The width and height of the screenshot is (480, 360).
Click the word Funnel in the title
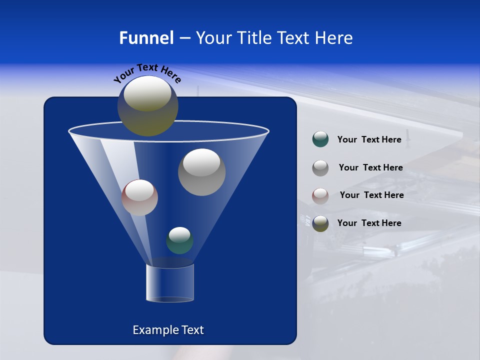coord(146,38)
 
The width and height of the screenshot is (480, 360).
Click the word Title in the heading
coord(252,38)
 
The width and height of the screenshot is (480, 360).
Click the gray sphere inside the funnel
coord(201,172)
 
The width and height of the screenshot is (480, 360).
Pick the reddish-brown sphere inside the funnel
coord(139,198)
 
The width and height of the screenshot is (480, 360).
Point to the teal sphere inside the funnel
coord(179,241)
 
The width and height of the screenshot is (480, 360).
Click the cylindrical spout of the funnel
coord(169,283)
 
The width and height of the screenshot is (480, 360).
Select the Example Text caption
coord(168,330)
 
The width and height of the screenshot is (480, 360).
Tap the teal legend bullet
coord(320,139)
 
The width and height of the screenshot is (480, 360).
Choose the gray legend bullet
coord(320,167)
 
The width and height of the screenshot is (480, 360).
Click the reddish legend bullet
coord(320,195)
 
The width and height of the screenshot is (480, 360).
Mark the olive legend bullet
coord(320,223)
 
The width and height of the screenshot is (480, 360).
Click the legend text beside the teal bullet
coord(369,139)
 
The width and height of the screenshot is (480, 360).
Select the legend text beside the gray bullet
coord(370,167)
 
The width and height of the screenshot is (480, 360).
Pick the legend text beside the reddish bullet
coord(371,195)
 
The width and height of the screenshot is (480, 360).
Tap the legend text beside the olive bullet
coord(369,223)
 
